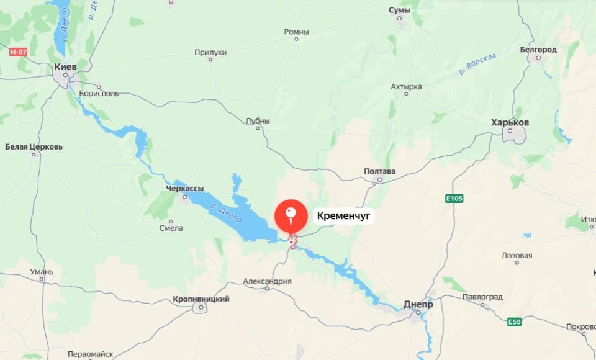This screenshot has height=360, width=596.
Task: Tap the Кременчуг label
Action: coord(343,216)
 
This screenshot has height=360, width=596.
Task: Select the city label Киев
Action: coord(65,66)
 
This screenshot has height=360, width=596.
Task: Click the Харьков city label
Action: coord(510,122)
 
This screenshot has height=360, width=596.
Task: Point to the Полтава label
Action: coord(379,171)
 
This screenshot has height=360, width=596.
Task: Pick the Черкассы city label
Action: coord(185,188)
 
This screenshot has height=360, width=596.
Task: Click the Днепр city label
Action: coord(418,305)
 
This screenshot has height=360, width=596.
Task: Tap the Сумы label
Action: coord(399,10)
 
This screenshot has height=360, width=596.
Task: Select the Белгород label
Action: coord(538,49)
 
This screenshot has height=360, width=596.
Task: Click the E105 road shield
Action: coord(454,199)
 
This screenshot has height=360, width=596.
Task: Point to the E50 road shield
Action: coord(514,322)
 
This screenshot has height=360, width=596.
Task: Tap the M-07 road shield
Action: coord(17,52)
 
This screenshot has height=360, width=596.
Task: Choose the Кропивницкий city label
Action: coord(201,299)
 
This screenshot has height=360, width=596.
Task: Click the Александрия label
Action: coord(267,281)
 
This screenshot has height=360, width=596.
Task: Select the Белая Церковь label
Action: coord(34,147)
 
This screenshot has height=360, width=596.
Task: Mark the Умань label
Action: coord(42,272)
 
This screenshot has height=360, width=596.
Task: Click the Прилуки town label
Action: coord(210,53)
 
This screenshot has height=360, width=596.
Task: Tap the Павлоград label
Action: coord(482,297)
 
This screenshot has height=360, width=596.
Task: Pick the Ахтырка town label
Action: coord(407,86)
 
